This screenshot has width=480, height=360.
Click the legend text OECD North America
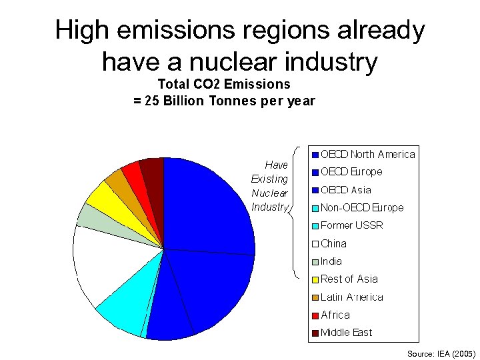[368, 155]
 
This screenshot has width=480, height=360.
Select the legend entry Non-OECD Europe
[362, 208]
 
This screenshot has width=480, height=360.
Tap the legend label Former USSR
[352, 225]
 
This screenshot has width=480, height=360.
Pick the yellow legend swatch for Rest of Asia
[316, 279]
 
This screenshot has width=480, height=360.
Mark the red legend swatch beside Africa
[316, 315]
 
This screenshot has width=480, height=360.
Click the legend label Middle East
[347, 333]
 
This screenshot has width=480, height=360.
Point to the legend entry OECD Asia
[346, 190]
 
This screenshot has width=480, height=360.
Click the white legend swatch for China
[316, 244]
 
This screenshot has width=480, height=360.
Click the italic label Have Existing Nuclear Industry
[269, 185]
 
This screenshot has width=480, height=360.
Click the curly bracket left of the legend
[296, 210]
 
